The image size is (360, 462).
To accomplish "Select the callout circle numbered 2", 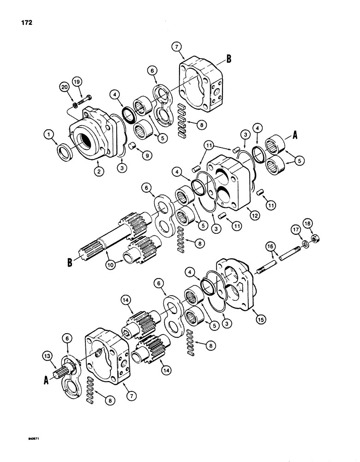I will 97,171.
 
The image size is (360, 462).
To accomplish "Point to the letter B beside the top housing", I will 229,59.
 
